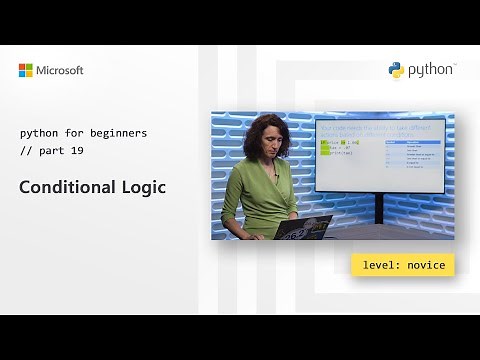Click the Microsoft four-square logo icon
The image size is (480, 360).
pyautogui.click(x=26, y=70)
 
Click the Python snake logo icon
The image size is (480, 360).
pyautogui.click(x=397, y=70)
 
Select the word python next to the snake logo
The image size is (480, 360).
pyautogui.click(x=430, y=70)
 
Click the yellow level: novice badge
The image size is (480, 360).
pyautogui.click(x=403, y=264)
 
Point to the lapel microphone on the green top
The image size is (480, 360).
pyautogui.click(x=275, y=176)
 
